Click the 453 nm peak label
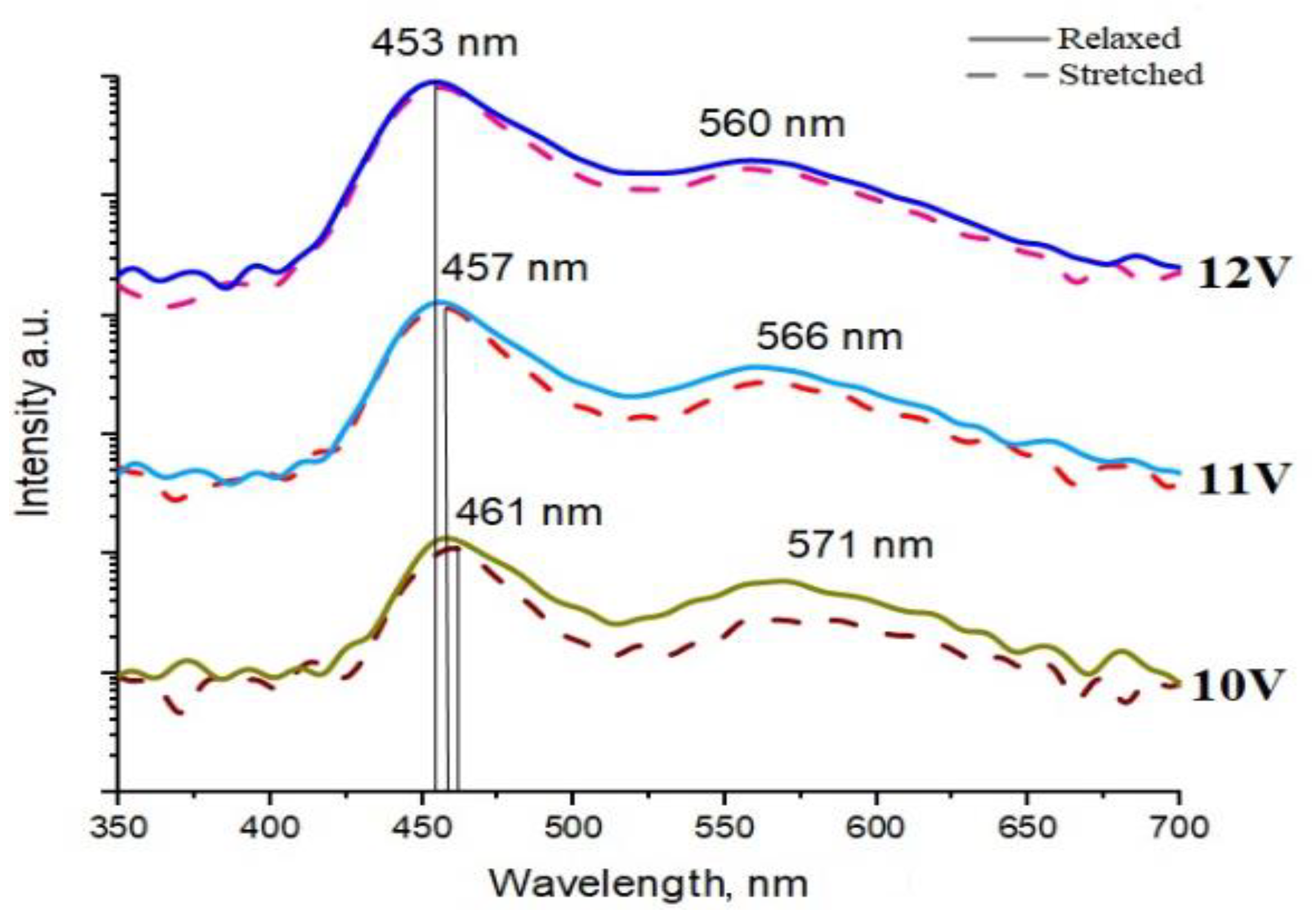tap(445, 44)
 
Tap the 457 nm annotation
tap(515, 268)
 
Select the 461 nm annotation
tap(529, 513)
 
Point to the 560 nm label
tap(771, 124)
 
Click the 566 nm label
tap(829, 337)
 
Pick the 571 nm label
tap(860, 545)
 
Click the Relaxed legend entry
tap(1118, 39)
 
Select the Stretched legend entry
tap(1131, 74)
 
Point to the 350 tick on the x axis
tap(119, 826)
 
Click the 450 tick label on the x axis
tap(422, 826)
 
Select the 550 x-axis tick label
tap(724, 826)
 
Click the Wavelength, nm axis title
tap(648, 885)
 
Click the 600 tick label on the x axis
tap(875, 826)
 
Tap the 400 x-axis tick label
tap(270, 826)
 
